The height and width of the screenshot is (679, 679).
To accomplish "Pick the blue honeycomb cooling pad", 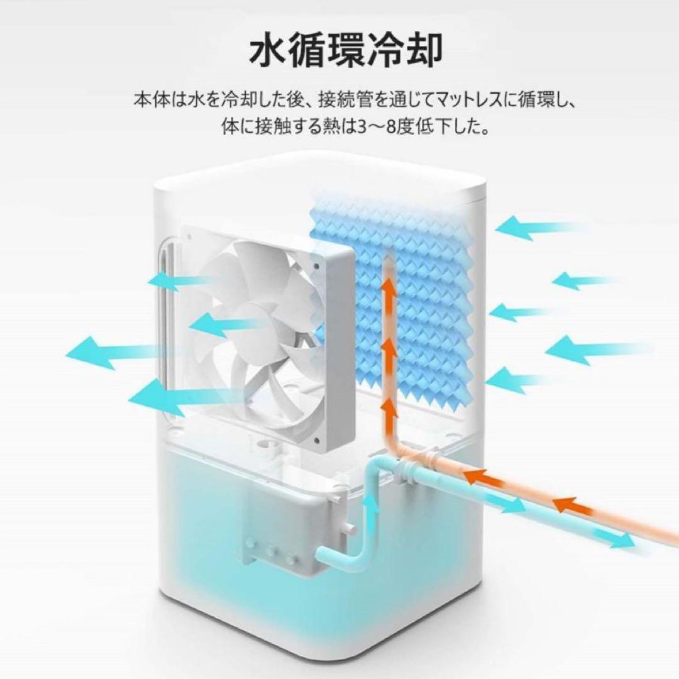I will [x=409, y=295].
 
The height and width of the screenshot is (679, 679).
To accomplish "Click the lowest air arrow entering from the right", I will [x=512, y=380].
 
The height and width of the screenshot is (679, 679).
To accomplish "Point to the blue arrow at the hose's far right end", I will [x=616, y=539].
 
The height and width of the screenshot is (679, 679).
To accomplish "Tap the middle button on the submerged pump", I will [x=272, y=551].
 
